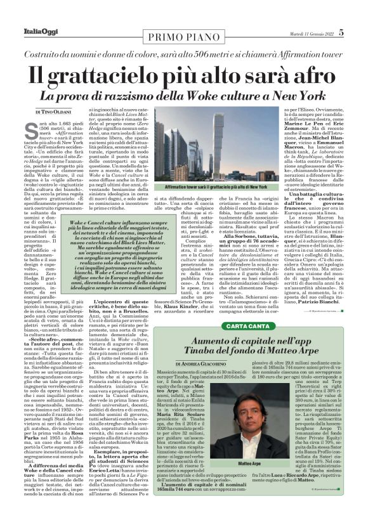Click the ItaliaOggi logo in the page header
tap(27, 13)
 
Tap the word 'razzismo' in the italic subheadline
tap(150, 96)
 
